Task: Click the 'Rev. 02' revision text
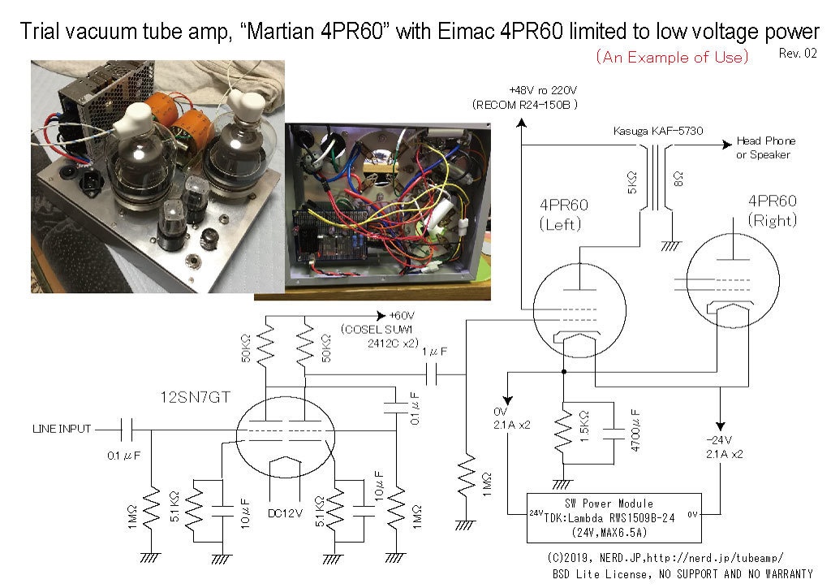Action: coord(798,53)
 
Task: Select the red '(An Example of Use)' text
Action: coord(672,57)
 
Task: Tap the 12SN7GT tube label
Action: coord(195,397)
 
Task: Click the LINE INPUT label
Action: coord(62,428)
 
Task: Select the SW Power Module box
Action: coord(614,518)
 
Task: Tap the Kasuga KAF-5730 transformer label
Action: coord(657,131)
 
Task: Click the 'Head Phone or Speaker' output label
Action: coord(766,147)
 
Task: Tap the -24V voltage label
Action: coord(719,440)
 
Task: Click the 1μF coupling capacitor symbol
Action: coord(432,375)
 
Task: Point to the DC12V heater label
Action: coord(285,513)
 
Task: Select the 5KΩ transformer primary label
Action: coord(631,183)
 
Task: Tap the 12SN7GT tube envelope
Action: coord(286,437)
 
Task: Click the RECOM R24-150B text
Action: coord(525,105)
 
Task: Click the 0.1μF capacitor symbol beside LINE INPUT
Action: coord(126,430)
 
